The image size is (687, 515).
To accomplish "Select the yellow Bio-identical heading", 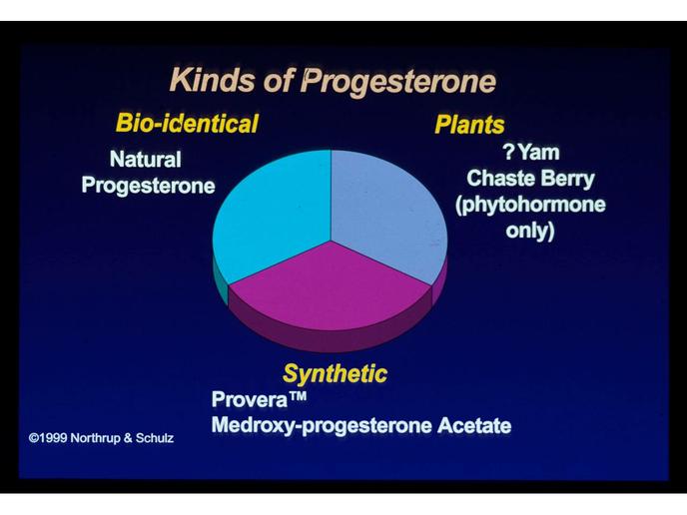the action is [187, 123].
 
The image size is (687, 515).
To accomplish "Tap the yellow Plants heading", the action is [469, 125].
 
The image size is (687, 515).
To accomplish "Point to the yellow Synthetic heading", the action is [336, 374].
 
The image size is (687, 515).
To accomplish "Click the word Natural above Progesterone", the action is [146, 159].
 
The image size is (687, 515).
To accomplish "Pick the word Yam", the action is [539, 153].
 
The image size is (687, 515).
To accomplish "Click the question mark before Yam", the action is [508, 152].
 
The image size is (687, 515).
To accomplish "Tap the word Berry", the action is [567, 180].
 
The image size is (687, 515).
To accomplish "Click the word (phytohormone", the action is [530, 206].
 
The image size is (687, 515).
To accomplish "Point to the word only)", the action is [530, 231].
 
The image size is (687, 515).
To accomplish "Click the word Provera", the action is [250, 399].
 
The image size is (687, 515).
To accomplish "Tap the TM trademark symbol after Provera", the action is [298, 396].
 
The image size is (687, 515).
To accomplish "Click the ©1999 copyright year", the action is [48, 438].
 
